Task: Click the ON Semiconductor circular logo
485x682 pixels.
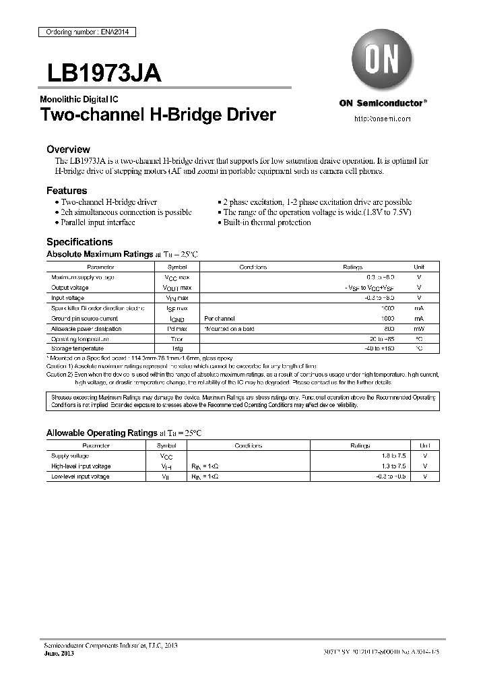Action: (x=383, y=59)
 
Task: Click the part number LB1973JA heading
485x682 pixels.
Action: (x=104, y=73)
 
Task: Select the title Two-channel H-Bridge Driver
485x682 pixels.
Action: (x=158, y=115)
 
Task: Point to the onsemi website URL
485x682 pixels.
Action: (x=382, y=119)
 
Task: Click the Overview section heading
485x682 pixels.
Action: (x=68, y=149)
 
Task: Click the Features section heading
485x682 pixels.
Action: (x=67, y=191)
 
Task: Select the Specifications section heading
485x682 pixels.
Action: (x=79, y=242)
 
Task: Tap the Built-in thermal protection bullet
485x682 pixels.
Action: (x=267, y=222)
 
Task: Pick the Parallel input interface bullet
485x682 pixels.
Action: (x=98, y=222)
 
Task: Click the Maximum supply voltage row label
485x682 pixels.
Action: (x=83, y=277)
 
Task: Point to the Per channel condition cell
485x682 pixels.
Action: (x=219, y=318)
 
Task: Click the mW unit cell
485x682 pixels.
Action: (x=419, y=329)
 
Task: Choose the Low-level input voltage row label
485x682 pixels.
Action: (x=80, y=476)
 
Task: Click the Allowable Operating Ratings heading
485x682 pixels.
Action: (x=101, y=433)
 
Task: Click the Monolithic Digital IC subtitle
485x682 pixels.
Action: (x=79, y=99)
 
